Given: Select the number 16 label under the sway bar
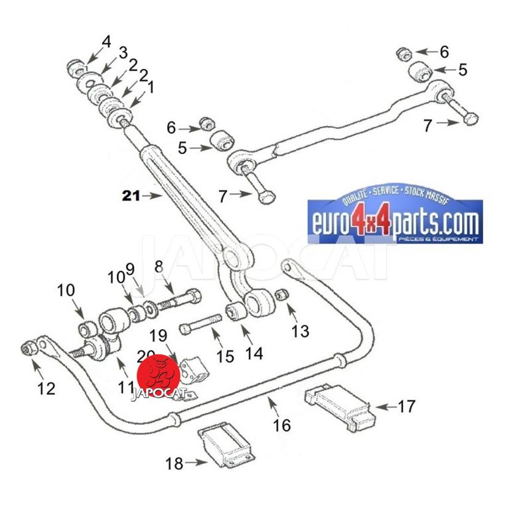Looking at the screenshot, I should (x=282, y=425).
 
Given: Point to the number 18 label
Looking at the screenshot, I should (x=174, y=463).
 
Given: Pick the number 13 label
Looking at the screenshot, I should (x=301, y=330).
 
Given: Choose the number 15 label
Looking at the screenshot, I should (x=225, y=356).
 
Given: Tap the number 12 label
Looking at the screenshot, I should (x=46, y=389).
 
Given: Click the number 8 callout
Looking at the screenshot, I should (x=158, y=267).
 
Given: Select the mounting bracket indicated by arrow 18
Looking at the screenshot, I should (x=226, y=448).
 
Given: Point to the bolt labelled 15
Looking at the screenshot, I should (x=198, y=327).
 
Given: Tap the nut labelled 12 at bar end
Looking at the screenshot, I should (x=29, y=348).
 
